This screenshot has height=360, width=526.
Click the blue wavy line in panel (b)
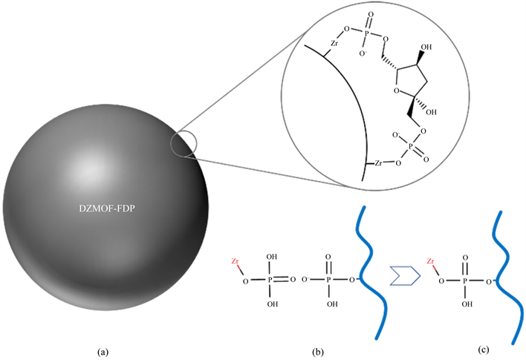pyautogui.click(x=374, y=267)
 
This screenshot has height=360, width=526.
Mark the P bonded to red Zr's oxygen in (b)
pyautogui.click(x=270, y=281)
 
